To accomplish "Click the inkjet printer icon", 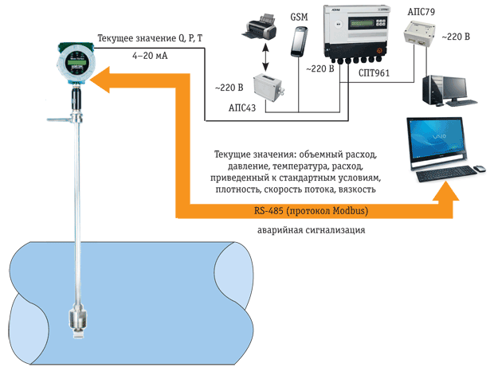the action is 259,27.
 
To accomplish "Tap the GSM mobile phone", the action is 299,42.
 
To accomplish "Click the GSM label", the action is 299,17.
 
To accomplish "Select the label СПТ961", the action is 374,73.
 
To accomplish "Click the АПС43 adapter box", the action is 268,87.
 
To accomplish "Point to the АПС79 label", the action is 421,12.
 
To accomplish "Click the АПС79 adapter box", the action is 419,33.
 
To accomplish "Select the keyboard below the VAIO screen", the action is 446,174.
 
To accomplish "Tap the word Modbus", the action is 349,210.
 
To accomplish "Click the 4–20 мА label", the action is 150,56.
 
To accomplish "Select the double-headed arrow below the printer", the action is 265,57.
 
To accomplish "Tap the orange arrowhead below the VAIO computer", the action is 445,191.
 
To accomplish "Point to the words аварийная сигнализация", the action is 312,230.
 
